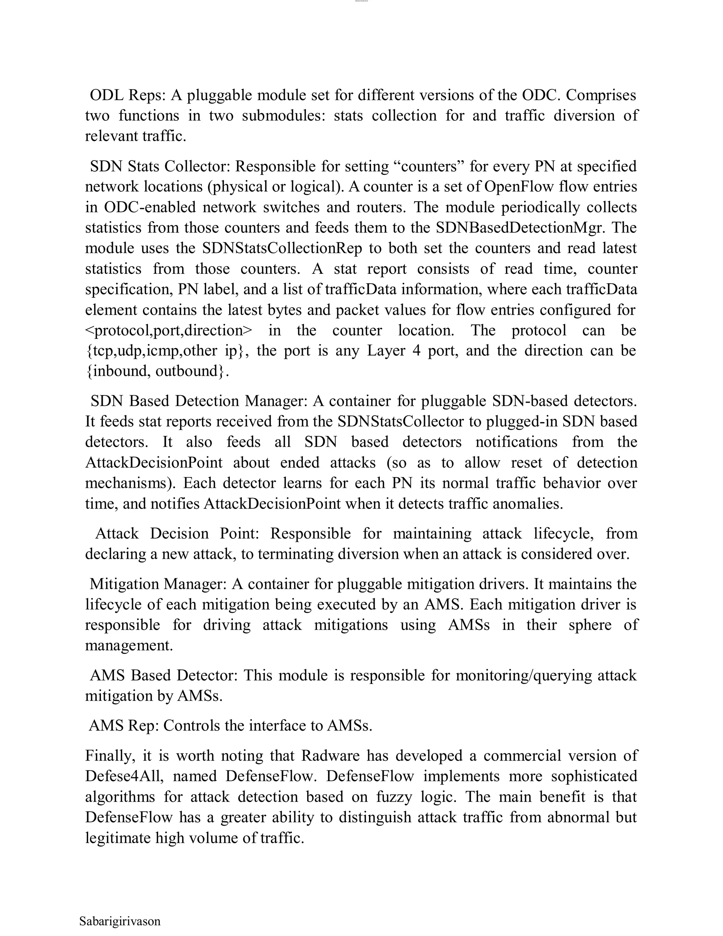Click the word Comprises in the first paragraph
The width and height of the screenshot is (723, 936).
[x=601, y=95]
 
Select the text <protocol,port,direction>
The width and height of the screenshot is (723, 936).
[x=169, y=331]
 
